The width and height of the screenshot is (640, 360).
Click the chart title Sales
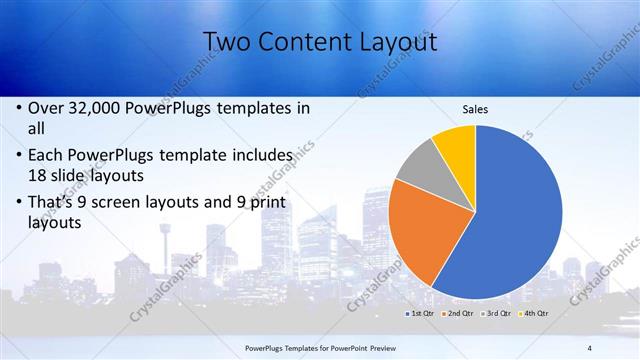tap(474, 109)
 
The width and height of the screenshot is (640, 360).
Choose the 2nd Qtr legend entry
tap(460, 314)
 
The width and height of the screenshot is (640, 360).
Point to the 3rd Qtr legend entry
tap(497, 314)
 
